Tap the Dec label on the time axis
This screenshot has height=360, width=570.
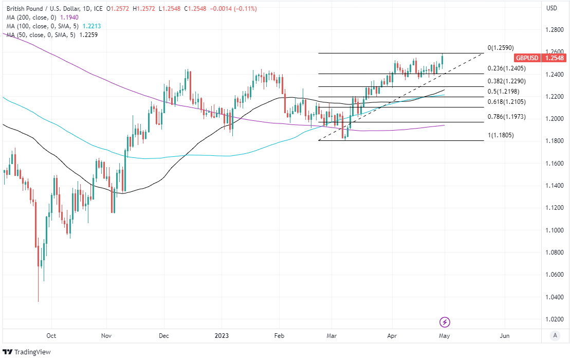point(163,335)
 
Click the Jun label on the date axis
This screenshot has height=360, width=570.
point(505,335)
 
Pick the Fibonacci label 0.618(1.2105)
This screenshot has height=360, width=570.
point(506,102)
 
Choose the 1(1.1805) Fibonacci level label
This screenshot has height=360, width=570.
point(501,135)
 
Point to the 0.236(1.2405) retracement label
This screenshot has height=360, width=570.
point(506,68)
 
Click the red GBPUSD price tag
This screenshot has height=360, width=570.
point(527,58)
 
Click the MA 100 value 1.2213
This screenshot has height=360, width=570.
point(97,26)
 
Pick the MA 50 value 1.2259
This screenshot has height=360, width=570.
point(87,34)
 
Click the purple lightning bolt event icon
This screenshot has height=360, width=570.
point(445,322)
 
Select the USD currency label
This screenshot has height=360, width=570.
point(551,8)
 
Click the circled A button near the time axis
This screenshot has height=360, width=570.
point(554,335)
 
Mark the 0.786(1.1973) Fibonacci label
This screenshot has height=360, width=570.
point(506,117)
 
